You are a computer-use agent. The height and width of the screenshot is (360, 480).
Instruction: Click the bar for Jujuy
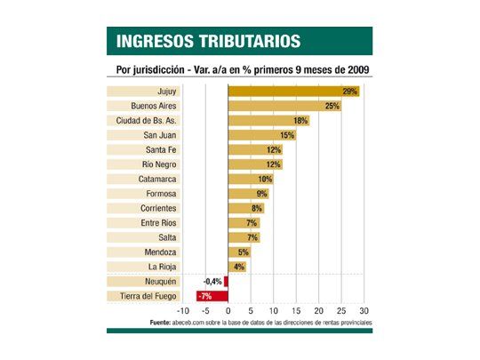[293, 92]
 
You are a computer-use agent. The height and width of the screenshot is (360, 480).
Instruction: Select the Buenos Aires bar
[284, 106]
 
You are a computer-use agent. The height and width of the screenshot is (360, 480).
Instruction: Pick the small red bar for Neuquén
[226, 281]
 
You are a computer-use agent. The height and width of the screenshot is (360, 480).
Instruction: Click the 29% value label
[349, 92]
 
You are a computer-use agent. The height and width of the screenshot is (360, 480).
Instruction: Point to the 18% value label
[300, 121]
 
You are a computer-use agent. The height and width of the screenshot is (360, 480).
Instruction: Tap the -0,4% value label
[211, 281]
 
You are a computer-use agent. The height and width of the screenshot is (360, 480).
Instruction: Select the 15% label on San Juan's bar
[287, 135]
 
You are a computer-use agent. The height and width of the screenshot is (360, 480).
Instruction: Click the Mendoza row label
[161, 252]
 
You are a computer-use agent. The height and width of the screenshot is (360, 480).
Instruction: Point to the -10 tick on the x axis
[184, 312]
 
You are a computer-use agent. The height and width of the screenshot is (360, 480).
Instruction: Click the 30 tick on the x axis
[364, 312]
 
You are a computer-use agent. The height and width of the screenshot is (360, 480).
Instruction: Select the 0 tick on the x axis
[228, 312]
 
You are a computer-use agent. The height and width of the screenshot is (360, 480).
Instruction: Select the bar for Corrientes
[245, 208]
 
